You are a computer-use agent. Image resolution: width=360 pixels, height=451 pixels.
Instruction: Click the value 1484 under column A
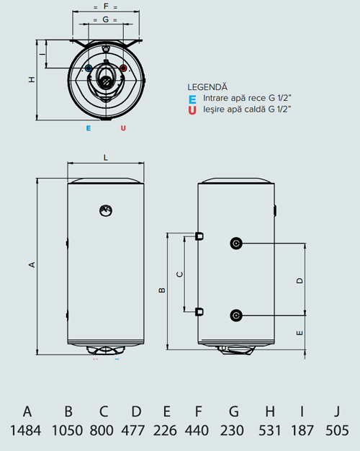pyautogui.click(x=27, y=431)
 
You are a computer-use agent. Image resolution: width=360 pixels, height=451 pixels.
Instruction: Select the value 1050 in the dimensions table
pyautogui.click(x=68, y=431)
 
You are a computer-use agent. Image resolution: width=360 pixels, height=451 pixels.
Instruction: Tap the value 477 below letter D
pyautogui.click(x=135, y=431)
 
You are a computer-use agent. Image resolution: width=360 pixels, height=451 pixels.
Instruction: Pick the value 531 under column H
pyautogui.click(x=270, y=431)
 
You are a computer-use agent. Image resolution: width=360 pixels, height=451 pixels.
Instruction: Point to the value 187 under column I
pyautogui.click(x=302, y=431)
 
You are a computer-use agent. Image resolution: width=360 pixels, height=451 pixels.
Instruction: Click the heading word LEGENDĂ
pyautogui.click(x=207, y=86)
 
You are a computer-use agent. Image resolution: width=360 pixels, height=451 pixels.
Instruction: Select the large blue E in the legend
pyautogui.click(x=192, y=99)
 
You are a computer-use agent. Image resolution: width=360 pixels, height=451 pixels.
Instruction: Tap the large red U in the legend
pyautogui.click(x=192, y=110)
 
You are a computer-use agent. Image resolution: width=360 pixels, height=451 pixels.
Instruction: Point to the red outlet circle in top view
pyautogui.click(x=123, y=69)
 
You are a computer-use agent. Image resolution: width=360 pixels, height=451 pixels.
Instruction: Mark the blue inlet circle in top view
pyautogui.click(x=89, y=69)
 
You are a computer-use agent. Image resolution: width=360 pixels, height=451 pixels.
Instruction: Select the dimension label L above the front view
pyautogui.click(x=105, y=156)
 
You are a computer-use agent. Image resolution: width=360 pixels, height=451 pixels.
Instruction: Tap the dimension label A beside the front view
pyautogui.click(x=31, y=265)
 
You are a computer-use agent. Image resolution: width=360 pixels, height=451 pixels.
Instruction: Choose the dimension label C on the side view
pyautogui.click(x=180, y=274)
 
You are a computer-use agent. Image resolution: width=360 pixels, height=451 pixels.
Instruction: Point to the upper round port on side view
pyautogui.click(x=236, y=243)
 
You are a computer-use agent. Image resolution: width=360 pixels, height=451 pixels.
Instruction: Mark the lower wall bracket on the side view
pyautogui.click(x=199, y=312)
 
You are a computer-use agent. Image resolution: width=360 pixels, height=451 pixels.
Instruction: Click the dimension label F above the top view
pyautogui.click(x=106, y=6)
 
